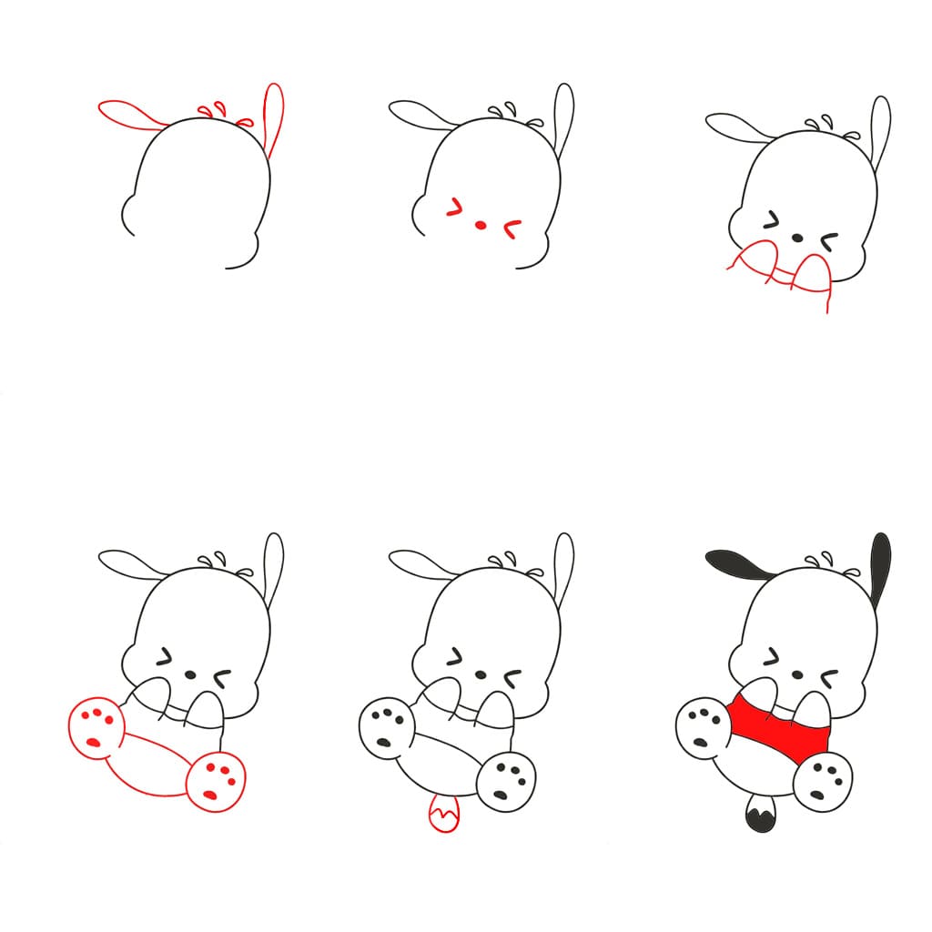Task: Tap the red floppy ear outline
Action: (x=132, y=115)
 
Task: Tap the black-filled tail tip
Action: (x=758, y=815)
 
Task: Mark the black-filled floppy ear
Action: (x=737, y=564)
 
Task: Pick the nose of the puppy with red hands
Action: (x=797, y=238)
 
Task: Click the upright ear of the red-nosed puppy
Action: (x=564, y=114)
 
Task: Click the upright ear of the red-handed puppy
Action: (x=880, y=127)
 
